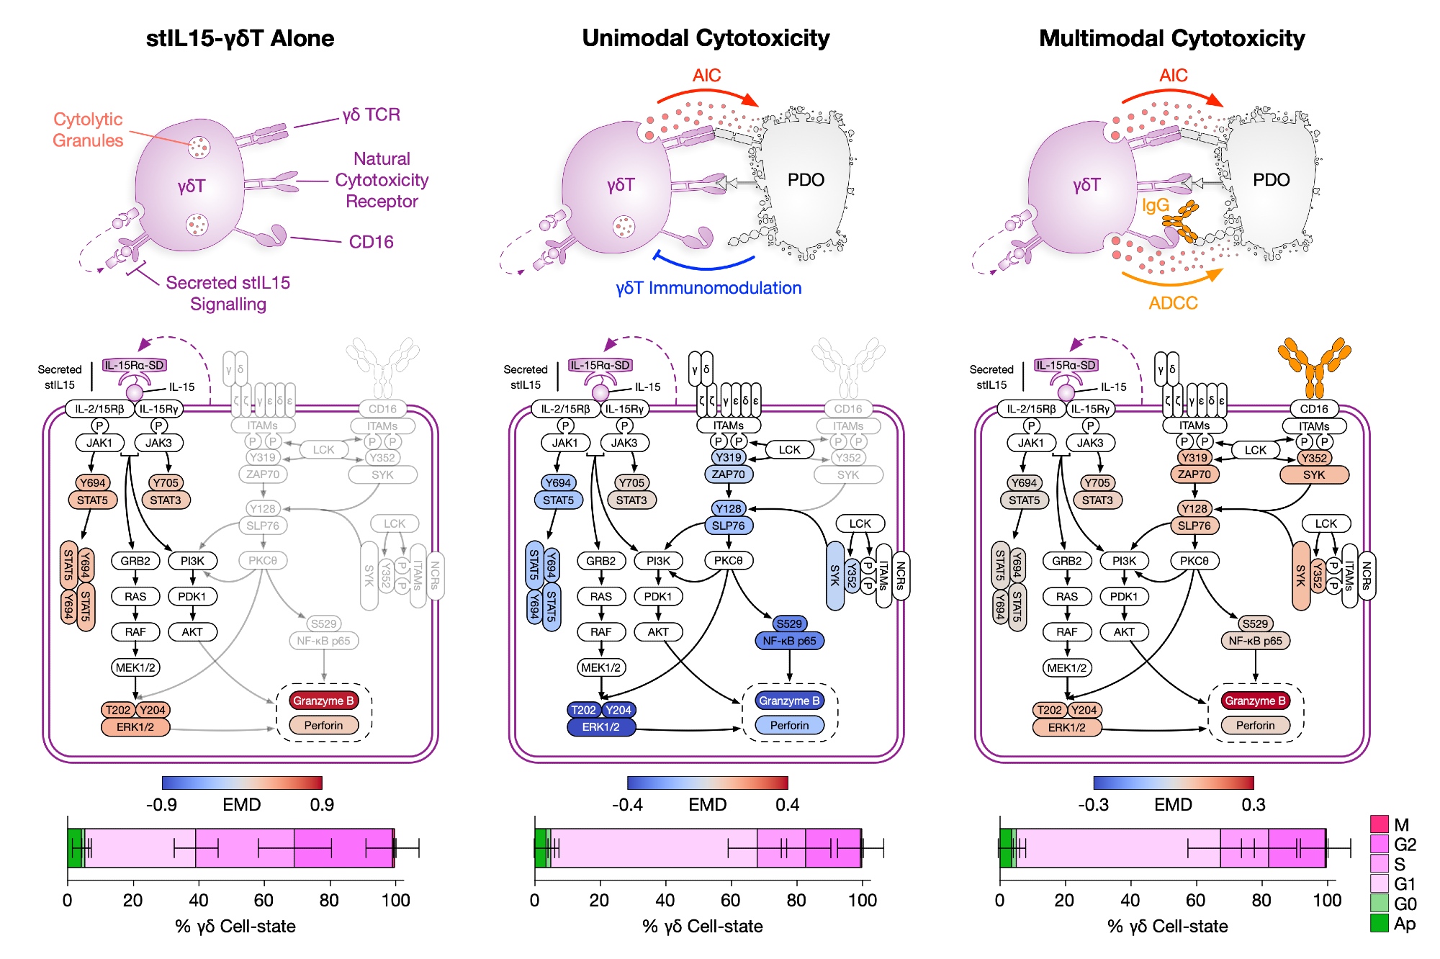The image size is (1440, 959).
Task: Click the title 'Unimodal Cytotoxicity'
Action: pos(706,38)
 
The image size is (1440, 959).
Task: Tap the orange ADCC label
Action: pos(1173,302)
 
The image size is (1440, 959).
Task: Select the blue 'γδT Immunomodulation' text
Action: pos(708,288)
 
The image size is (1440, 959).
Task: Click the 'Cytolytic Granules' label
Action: pos(88,130)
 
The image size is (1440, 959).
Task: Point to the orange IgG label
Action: pos(1155,205)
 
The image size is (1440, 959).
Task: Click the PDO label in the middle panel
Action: pos(806,180)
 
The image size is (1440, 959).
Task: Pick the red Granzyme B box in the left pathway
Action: pos(323,701)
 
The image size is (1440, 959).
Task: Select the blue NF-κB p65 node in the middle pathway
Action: pos(789,641)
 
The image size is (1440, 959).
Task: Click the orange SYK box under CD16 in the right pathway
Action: pos(1314,475)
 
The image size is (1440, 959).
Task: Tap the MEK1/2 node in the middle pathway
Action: pos(601,667)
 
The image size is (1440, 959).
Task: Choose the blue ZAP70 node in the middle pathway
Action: pos(729,474)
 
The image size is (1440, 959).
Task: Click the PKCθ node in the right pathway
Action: pos(1194,560)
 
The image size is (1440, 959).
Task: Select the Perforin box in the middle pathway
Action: pos(789,725)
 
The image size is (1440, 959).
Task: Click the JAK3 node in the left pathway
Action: pos(158,443)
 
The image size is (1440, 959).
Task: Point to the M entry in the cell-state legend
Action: pos(1401,824)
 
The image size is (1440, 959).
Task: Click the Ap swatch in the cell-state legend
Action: pos(1380,923)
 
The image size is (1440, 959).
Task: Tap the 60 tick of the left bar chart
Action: pos(264,900)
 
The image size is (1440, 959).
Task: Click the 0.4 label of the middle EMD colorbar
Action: pos(788,804)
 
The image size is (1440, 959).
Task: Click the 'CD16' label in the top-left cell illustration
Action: pos(371,242)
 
